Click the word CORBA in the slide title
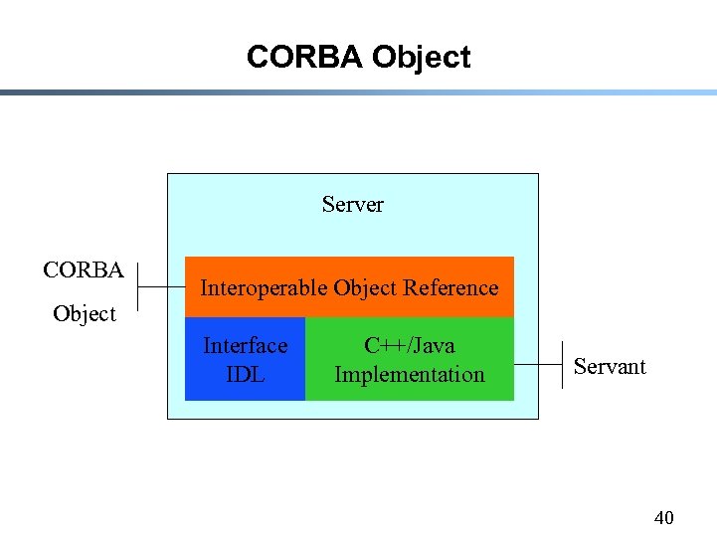pos(305,58)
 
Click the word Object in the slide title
pos(421,58)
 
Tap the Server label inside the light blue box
pos(352,205)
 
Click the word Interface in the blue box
pos(245,346)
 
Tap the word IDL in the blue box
pos(245,375)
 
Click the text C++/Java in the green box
pos(409,346)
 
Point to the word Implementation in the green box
pos(409,375)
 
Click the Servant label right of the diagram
pos(610,367)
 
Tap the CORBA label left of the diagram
pos(84,270)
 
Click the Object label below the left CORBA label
pos(85,314)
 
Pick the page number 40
pos(663,517)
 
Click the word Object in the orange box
pos(365,288)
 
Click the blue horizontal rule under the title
pos(358,92)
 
